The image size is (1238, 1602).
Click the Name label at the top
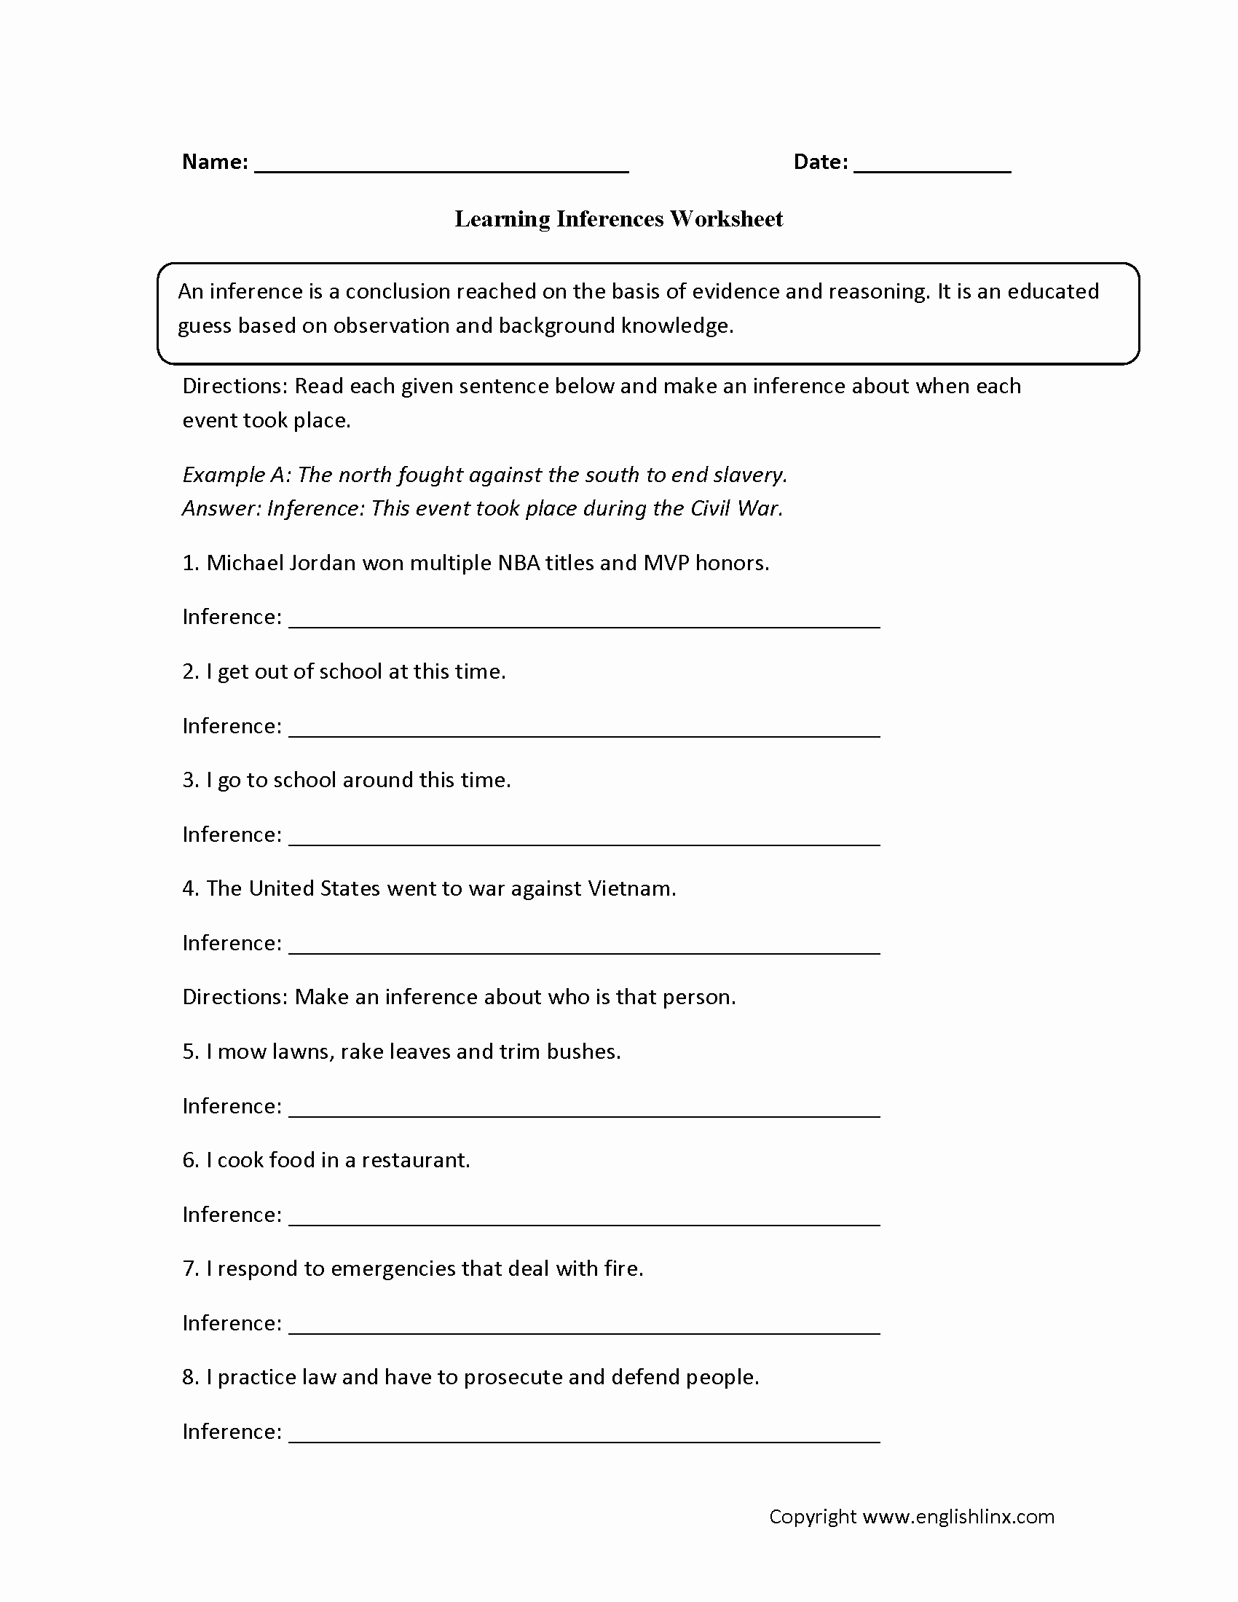(214, 162)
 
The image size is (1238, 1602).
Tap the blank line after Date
(932, 169)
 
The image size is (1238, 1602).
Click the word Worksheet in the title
(725, 218)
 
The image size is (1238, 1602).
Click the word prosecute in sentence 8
(513, 1377)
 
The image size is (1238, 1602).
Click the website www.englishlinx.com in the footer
(958, 1517)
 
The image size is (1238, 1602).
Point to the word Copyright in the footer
(812, 1517)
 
